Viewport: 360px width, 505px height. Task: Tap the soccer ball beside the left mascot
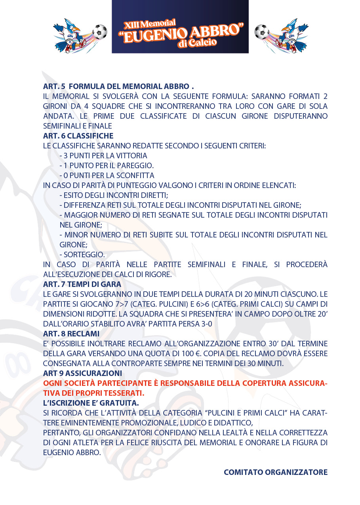(99, 31)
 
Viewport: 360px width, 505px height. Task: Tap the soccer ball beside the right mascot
(261, 32)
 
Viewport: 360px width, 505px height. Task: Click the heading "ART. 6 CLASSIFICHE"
(78, 136)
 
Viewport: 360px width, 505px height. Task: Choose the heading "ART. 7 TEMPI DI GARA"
(82, 284)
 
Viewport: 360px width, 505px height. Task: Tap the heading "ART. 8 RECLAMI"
(71, 334)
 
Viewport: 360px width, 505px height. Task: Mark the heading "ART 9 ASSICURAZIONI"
(82, 373)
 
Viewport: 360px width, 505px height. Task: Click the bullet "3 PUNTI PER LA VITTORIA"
(103, 156)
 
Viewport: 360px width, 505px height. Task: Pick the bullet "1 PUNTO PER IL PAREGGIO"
(107, 165)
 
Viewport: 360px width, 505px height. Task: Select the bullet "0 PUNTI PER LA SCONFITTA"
(107, 175)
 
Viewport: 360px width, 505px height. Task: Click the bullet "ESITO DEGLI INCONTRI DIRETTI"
(114, 195)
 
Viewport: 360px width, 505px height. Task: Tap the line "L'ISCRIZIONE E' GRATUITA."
(91, 403)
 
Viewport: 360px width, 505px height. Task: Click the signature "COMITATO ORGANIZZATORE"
(276, 472)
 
